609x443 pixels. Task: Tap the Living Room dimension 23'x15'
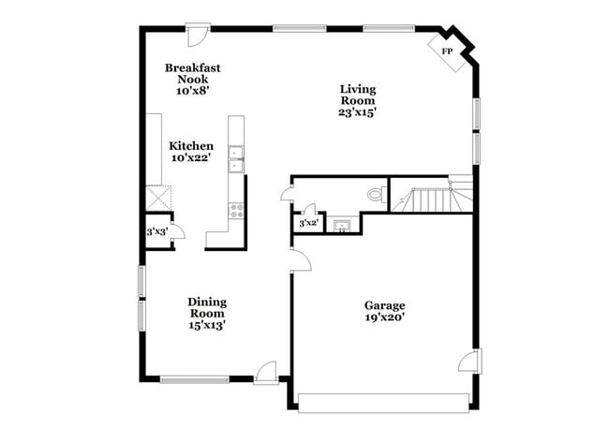(357, 112)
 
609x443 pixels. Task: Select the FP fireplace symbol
(446, 51)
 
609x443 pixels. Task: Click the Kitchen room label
(191, 146)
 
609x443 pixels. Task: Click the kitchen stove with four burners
(237, 211)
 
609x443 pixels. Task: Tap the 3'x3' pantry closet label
(156, 230)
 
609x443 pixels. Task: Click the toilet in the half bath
(376, 195)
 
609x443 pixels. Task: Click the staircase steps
(434, 199)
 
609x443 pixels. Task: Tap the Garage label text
(384, 305)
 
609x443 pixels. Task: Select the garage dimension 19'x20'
(384, 318)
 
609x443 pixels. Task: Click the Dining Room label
(207, 307)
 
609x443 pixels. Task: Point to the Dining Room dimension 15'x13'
(207, 326)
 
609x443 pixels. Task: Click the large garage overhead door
(384, 403)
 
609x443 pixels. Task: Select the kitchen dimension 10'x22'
(191, 159)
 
